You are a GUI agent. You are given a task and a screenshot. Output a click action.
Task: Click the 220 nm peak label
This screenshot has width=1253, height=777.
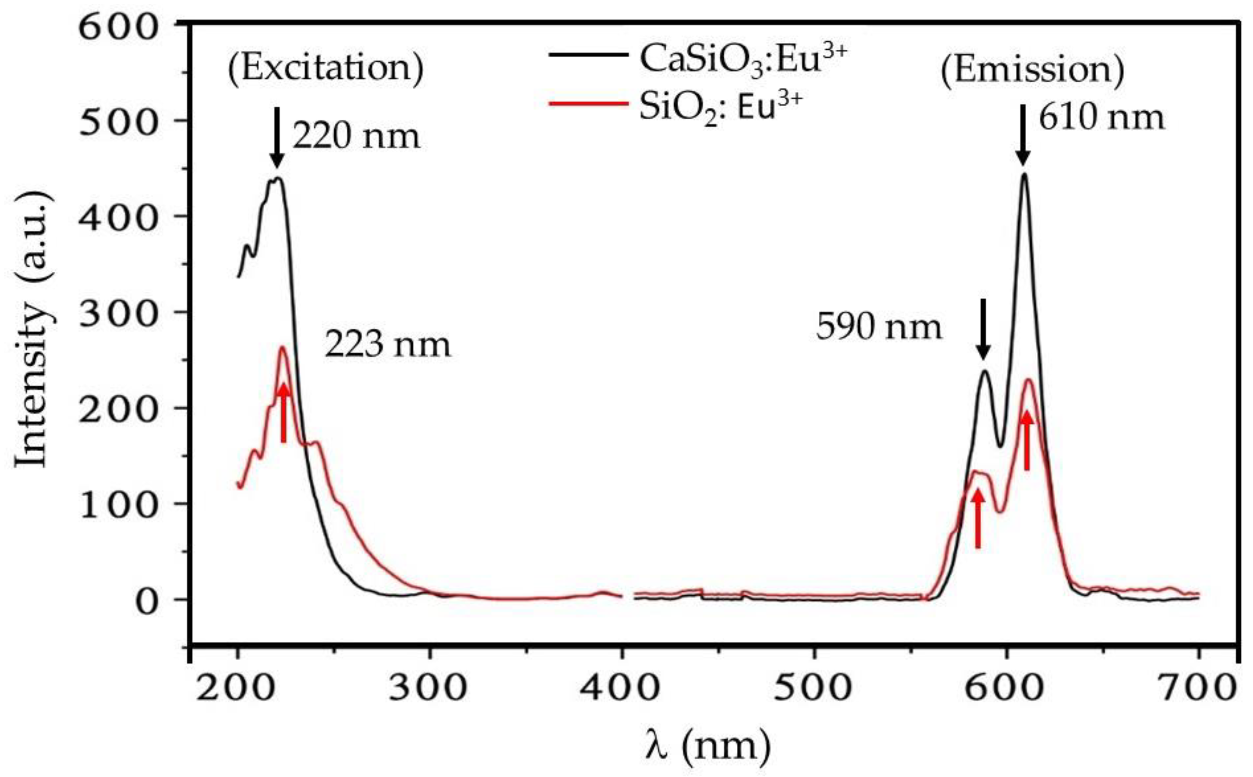[x=356, y=137]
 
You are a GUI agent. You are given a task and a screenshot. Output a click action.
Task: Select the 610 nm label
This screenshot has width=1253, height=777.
[x=1101, y=118]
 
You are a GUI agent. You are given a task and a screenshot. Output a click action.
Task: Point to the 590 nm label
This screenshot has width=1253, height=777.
[x=879, y=327]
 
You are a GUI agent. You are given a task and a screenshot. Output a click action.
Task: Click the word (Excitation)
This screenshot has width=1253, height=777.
[x=326, y=68]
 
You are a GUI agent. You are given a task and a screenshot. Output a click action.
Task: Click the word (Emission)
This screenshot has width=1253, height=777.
[x=1032, y=70]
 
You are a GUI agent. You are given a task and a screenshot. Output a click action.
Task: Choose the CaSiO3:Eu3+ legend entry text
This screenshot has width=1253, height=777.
[x=742, y=61]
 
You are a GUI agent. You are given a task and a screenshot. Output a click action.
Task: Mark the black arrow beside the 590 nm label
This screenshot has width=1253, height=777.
[x=983, y=336]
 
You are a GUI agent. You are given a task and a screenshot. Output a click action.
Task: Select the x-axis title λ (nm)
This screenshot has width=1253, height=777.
[x=707, y=746]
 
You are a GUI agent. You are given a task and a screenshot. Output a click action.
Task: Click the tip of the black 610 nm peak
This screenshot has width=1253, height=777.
[x=1024, y=175]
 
